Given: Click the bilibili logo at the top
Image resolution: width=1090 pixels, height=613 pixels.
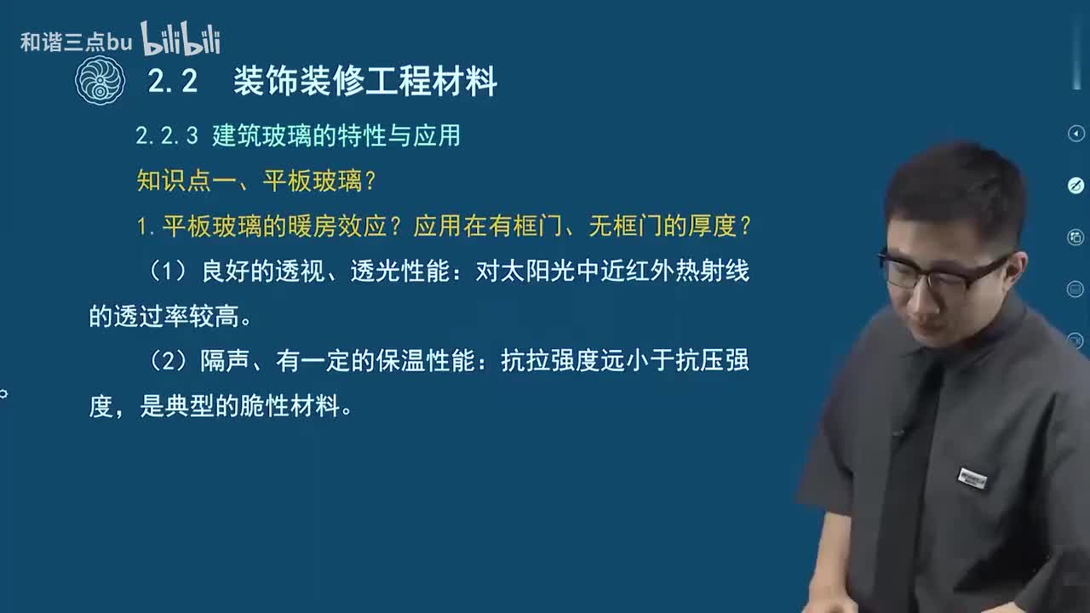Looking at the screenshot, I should (181, 39).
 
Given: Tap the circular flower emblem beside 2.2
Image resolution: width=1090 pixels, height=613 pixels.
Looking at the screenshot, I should (100, 82).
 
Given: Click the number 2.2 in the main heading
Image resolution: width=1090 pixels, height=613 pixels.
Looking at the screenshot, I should (173, 82).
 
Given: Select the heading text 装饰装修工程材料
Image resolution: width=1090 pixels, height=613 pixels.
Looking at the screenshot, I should (365, 82).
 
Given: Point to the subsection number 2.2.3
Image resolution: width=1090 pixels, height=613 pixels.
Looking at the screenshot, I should (167, 136).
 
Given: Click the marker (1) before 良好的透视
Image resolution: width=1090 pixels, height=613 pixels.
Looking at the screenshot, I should (167, 272).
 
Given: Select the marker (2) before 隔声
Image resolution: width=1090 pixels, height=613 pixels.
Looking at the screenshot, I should (167, 362).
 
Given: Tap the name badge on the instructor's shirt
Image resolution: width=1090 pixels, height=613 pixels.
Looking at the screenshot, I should (972, 477).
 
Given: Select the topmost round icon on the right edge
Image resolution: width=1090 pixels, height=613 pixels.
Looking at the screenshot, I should (1076, 134).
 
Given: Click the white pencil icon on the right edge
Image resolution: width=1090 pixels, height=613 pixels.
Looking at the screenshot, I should (1076, 186).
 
